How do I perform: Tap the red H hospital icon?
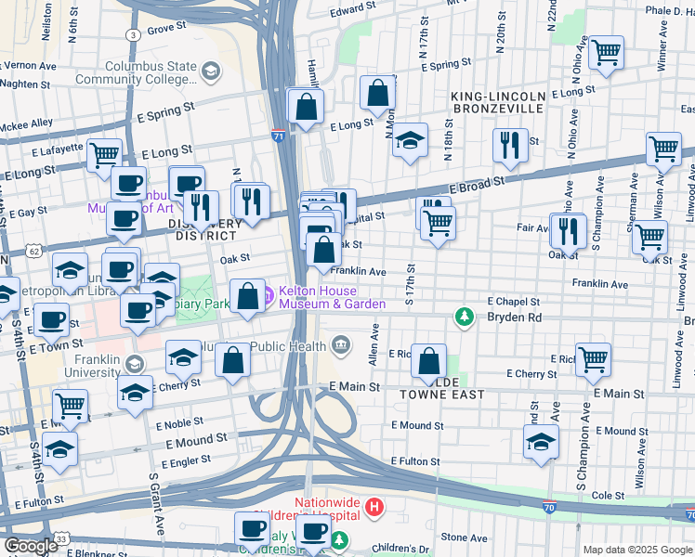coord(374,507)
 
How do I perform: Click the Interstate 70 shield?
coord(550,508)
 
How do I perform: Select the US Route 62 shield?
coord(34,251)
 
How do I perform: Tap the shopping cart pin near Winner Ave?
coord(606,53)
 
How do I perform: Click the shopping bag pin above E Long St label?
coord(378,93)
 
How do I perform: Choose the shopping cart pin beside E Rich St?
coord(593,358)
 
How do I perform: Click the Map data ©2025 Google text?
coord(637,550)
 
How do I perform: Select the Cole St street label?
coord(608,496)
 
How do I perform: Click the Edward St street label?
coord(351,10)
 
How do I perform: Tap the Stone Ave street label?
coord(464,537)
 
